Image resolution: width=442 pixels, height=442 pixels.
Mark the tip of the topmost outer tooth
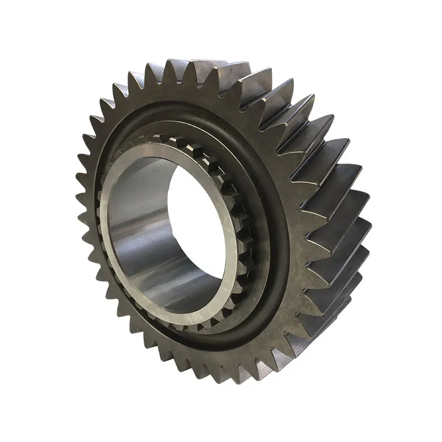[176, 61]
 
